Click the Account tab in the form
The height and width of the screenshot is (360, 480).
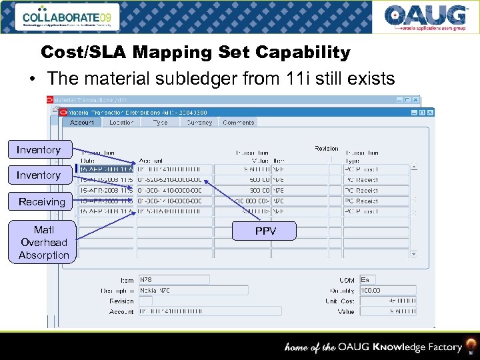[x=82, y=123]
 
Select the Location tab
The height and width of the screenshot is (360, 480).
[x=121, y=123]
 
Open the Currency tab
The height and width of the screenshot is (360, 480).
[x=199, y=123]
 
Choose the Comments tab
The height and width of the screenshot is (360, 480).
[x=238, y=123]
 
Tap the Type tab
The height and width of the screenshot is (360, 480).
[x=160, y=123]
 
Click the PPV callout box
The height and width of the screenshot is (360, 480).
[x=265, y=231]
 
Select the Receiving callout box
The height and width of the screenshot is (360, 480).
[x=42, y=201]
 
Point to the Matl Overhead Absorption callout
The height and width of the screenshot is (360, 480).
[x=44, y=243]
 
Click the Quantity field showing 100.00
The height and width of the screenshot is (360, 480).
[x=388, y=291]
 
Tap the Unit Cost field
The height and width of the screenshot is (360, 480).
[x=388, y=301]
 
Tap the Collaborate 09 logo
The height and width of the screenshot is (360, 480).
[x=69, y=17]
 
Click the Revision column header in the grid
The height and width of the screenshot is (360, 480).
[x=327, y=149]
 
